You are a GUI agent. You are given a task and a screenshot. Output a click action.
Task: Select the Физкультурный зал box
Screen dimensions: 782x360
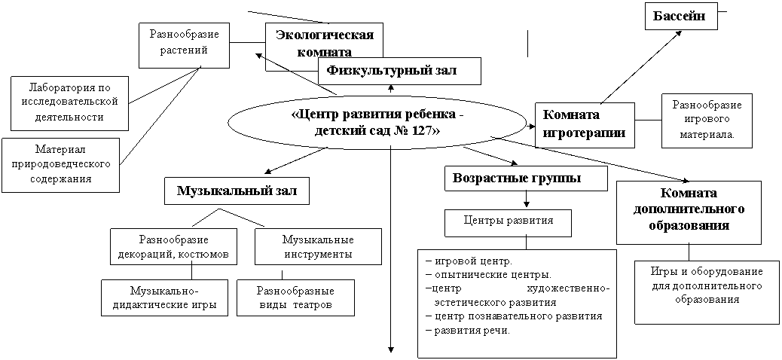pyautogui.click(x=400, y=71)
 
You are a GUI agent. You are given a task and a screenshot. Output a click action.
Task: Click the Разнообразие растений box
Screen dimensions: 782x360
pyautogui.click(x=185, y=45)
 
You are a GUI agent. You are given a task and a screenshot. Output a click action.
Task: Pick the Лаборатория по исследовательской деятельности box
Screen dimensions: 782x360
pyautogui.click(x=69, y=102)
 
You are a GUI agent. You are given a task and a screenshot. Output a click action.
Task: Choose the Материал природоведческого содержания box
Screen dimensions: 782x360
pyautogui.click(x=60, y=165)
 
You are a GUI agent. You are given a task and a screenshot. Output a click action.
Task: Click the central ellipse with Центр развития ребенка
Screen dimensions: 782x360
pyautogui.click(x=377, y=122)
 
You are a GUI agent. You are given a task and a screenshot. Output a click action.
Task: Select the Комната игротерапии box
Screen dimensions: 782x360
pyautogui.click(x=585, y=125)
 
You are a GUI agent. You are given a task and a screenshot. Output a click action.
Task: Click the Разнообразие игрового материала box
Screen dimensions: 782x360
pyautogui.click(x=707, y=121)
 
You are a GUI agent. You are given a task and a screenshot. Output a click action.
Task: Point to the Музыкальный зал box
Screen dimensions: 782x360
pyautogui.click(x=237, y=192)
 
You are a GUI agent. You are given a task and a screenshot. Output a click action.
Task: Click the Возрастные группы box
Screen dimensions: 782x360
pyautogui.click(x=526, y=178)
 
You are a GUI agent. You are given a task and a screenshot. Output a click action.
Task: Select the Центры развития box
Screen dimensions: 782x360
pyautogui.click(x=509, y=222)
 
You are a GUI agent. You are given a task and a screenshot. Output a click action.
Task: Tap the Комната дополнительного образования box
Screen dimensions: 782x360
pyautogui.click(x=689, y=212)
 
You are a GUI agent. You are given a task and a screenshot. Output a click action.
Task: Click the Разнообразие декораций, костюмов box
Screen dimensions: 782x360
pyautogui.click(x=173, y=246)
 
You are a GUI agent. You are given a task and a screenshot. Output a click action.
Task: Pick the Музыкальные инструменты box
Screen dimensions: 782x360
pyautogui.click(x=318, y=246)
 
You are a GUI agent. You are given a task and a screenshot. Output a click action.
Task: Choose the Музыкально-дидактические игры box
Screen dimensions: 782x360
pyautogui.click(x=164, y=297)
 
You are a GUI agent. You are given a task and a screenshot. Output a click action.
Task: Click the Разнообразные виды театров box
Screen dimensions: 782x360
pyautogui.click(x=296, y=297)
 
